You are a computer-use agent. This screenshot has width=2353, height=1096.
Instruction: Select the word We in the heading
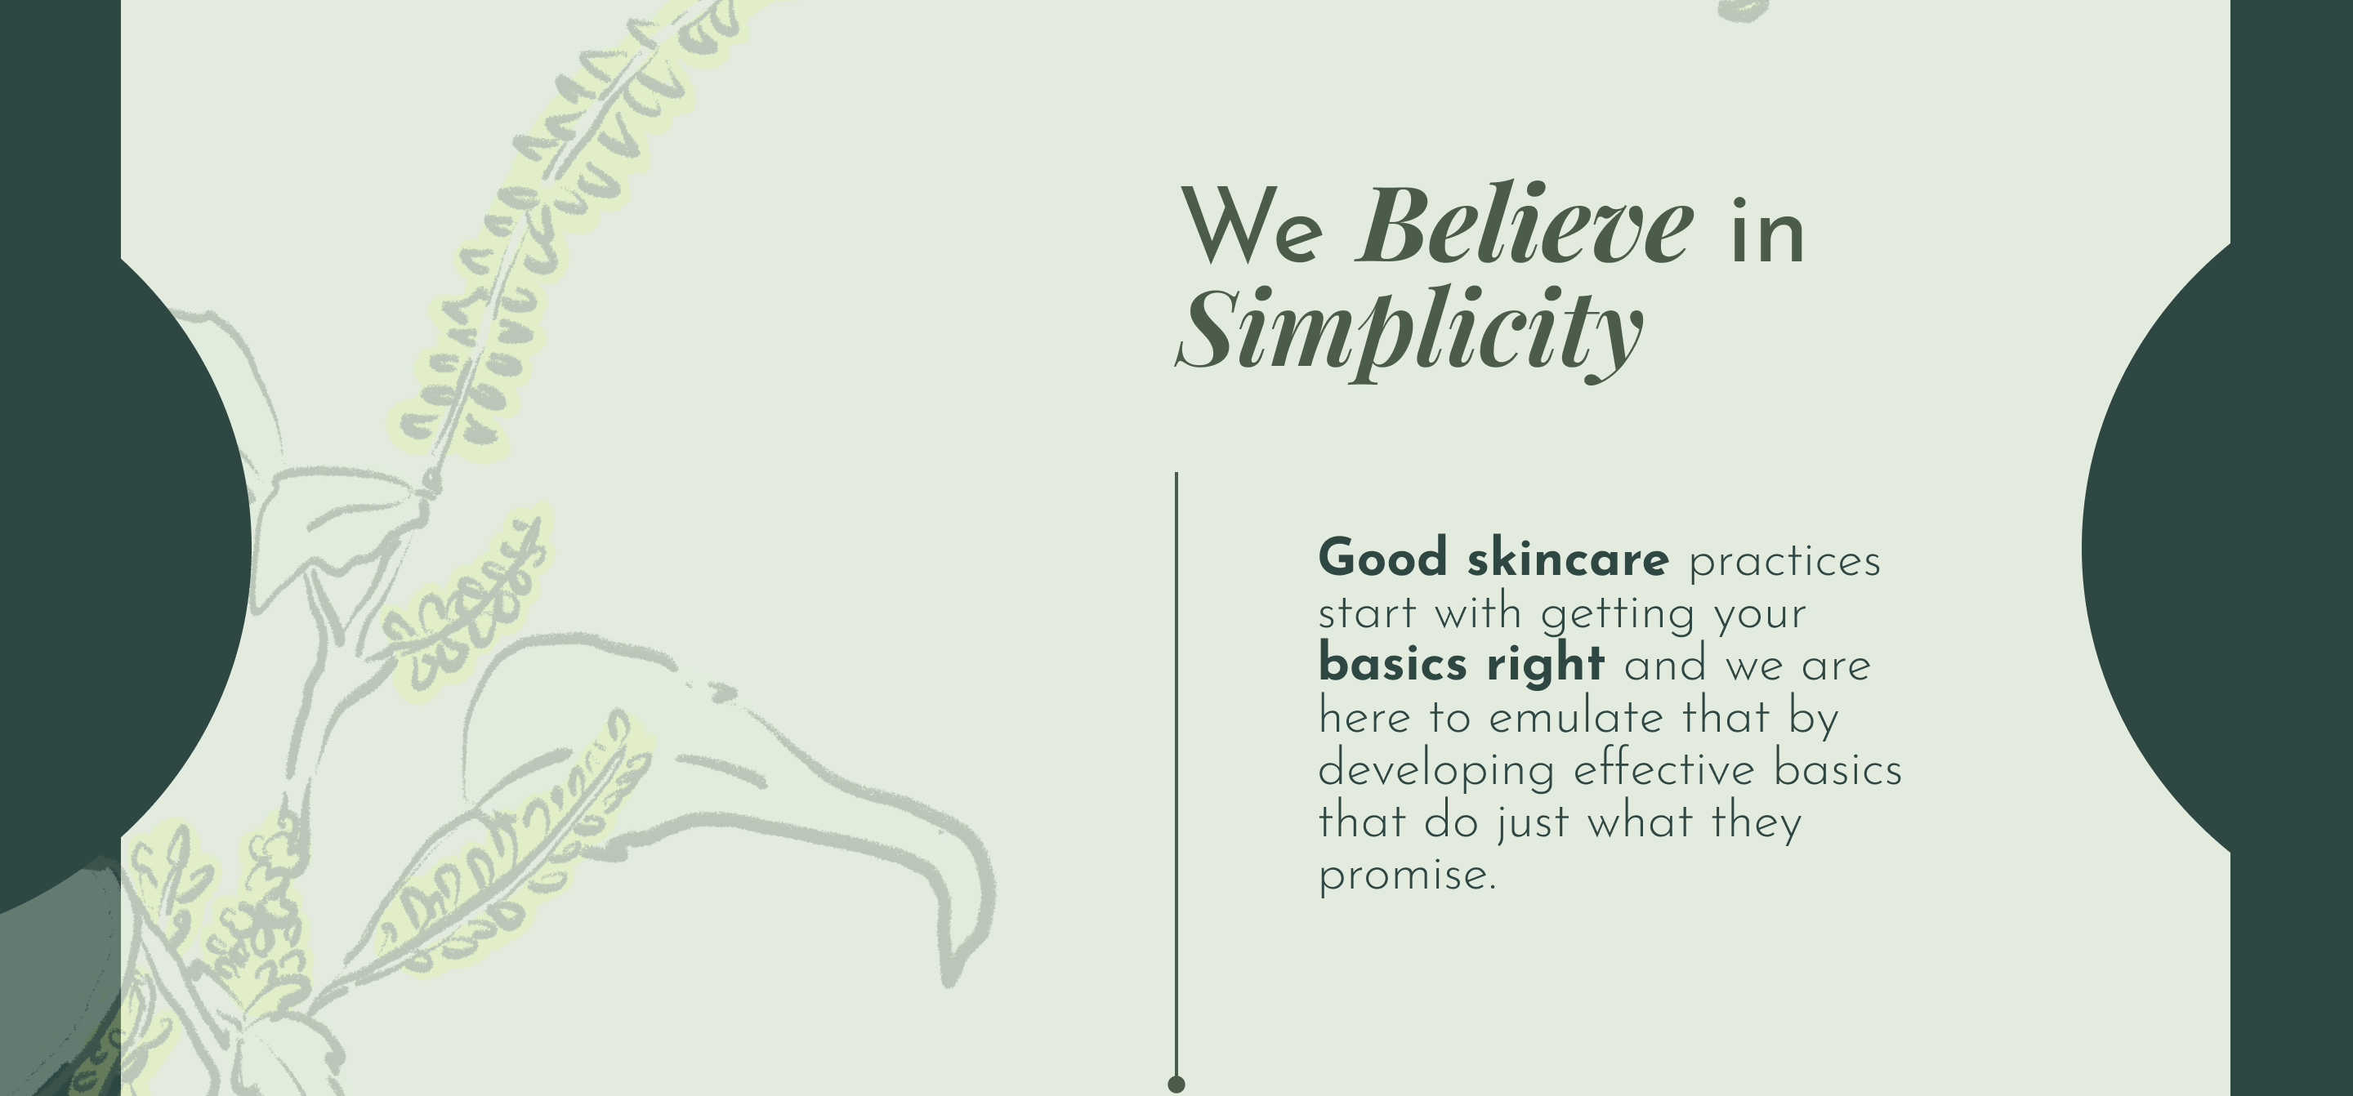(x=1252, y=225)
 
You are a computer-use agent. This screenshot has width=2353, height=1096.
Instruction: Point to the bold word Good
(x=1383, y=558)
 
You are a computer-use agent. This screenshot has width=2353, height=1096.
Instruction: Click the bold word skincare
(x=1568, y=558)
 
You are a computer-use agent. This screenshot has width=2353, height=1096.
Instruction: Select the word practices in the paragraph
(x=1784, y=563)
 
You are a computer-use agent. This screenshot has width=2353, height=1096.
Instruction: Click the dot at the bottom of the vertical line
(x=1176, y=1084)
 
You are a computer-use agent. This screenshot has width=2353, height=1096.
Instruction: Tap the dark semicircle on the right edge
(x=2156, y=548)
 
